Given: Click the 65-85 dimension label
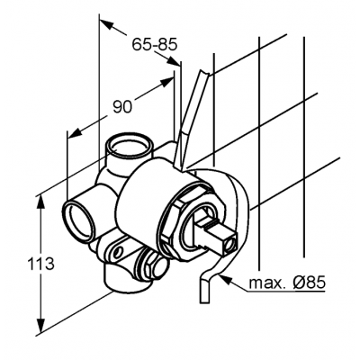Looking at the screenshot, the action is [x=155, y=45].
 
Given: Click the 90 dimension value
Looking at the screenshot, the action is [x=122, y=106].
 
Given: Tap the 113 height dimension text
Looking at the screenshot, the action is [x=40, y=264].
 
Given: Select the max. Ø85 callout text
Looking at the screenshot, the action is [x=287, y=283].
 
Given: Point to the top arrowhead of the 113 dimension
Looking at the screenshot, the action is [x=40, y=203].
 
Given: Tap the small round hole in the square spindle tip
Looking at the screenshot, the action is [x=231, y=244].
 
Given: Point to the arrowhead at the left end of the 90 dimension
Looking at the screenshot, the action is [x=75, y=132].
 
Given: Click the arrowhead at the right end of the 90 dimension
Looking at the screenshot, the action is [x=166, y=82].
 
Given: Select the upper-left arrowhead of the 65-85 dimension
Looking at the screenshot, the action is [x=106, y=24].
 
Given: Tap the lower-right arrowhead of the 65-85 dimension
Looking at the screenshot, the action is [x=174, y=61].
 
